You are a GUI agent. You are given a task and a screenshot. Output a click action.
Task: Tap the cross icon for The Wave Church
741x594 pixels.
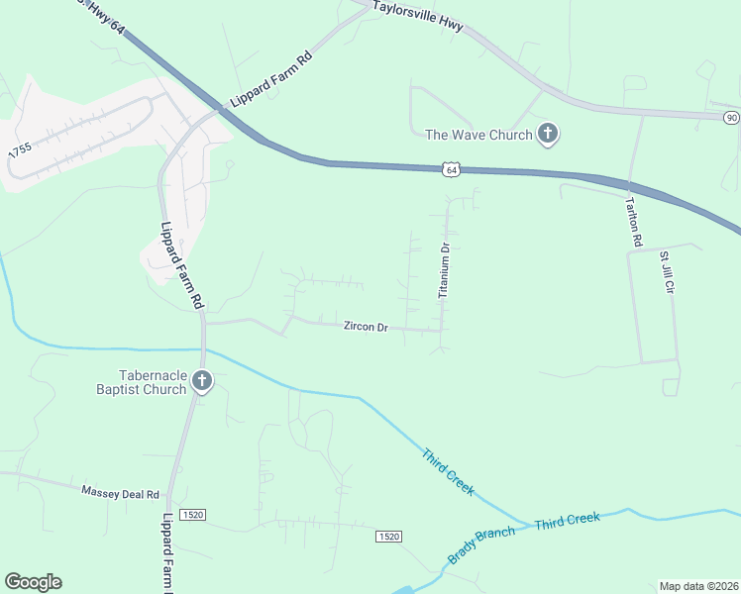click(x=548, y=134)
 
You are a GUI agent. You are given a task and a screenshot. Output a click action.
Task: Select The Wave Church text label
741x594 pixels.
click(x=479, y=135)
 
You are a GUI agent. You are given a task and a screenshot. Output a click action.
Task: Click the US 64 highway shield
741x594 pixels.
click(x=452, y=169)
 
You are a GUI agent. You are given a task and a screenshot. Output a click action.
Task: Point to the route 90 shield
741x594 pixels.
click(x=731, y=118)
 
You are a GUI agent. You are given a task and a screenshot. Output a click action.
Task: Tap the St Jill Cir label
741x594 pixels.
click(x=667, y=273)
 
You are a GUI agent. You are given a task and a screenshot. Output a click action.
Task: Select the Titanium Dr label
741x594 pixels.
click(x=445, y=271)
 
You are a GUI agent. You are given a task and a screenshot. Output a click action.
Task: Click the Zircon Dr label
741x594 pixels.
click(x=365, y=327)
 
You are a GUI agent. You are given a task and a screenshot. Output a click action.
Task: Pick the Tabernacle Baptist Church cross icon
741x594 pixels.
click(x=202, y=381)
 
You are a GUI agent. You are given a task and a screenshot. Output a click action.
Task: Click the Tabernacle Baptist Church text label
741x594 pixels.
click(x=153, y=382)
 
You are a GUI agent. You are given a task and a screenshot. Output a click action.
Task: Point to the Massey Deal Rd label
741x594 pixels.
click(x=120, y=492)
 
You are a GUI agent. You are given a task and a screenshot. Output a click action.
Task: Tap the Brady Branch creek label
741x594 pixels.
click(x=480, y=545)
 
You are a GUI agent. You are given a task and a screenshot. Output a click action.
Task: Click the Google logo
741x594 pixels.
click(x=33, y=582)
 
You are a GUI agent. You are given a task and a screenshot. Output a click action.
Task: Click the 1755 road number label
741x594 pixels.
click(x=19, y=151)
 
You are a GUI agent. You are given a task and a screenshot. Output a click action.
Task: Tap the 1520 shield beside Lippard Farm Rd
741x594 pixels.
click(x=193, y=515)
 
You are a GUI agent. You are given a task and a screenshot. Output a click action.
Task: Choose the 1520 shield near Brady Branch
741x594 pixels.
click(x=388, y=537)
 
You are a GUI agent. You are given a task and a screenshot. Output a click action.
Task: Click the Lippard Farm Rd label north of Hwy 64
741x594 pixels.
click(x=270, y=79)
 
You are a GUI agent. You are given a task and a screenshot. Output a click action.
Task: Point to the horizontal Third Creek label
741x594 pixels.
click(x=568, y=520)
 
